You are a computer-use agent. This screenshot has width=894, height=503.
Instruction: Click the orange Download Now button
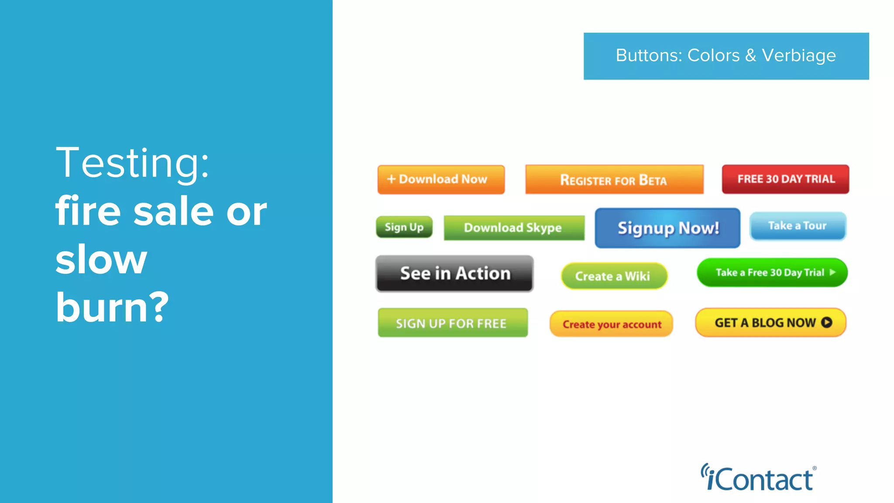(x=441, y=179)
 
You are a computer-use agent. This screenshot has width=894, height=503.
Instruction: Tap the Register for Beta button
(x=614, y=179)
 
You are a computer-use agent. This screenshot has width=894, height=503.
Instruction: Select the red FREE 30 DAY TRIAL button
(x=785, y=179)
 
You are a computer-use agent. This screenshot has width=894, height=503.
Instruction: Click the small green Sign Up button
(x=404, y=227)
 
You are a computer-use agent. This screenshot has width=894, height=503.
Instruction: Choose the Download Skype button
(x=514, y=227)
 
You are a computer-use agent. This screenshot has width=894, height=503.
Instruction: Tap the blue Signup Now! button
(x=667, y=228)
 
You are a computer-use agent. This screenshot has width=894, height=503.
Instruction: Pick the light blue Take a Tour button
(x=798, y=226)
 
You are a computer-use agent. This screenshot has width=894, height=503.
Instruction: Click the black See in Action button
(x=454, y=274)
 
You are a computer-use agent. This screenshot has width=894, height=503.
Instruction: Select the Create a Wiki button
(x=614, y=276)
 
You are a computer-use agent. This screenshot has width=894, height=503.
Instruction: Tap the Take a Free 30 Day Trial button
(x=772, y=272)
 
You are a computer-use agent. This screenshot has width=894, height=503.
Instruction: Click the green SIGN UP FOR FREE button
(x=452, y=323)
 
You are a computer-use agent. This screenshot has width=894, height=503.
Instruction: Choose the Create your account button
(x=611, y=324)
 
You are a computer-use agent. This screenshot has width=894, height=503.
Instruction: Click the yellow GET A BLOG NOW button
(x=770, y=323)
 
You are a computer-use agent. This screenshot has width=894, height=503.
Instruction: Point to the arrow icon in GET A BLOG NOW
(x=826, y=322)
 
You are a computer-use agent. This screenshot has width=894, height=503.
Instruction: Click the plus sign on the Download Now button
(x=391, y=179)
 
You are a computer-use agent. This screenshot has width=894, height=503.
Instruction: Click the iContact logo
(x=758, y=478)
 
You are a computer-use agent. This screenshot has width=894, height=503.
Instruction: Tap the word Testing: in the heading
(x=132, y=162)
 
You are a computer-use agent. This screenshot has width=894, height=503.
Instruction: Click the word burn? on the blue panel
(x=112, y=307)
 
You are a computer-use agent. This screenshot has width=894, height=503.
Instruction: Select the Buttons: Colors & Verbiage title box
(x=726, y=56)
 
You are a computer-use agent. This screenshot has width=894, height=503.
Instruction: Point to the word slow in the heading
(x=101, y=260)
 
